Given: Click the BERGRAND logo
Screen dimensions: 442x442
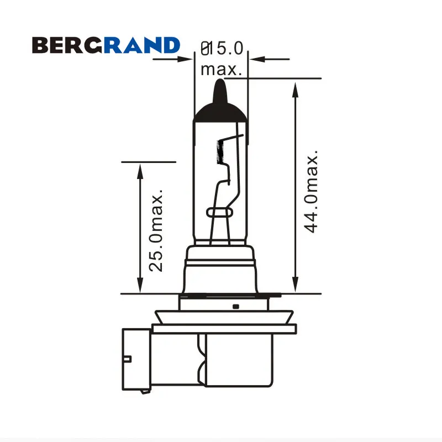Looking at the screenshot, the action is tap(106, 45).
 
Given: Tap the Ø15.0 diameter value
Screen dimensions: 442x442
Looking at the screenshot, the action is tap(222, 48).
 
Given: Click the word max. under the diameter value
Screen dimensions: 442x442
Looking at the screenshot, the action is tap(222, 70).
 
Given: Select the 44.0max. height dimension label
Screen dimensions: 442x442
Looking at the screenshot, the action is tap(311, 191).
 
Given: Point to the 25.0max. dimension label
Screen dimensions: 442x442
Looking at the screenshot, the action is tap(156, 230).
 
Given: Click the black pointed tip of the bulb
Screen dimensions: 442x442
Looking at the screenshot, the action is tap(220, 92).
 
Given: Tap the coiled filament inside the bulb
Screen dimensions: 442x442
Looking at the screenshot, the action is tap(220, 151).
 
